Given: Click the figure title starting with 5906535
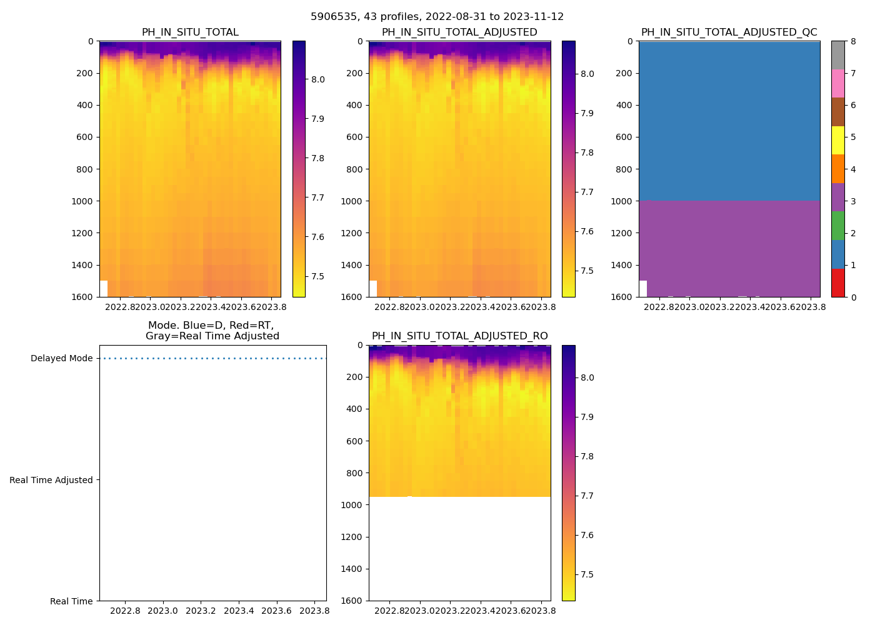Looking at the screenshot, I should (437, 17).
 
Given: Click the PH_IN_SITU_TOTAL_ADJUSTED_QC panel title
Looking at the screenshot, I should (729, 32).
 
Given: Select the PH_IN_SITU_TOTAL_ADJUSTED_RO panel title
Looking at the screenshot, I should (459, 336).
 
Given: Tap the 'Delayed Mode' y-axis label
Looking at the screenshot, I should (61, 359).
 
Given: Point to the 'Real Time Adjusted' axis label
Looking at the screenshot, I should (51, 480).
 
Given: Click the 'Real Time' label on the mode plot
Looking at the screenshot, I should (71, 601).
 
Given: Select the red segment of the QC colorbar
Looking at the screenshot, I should (837, 282).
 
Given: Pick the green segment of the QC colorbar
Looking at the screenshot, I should (837, 226).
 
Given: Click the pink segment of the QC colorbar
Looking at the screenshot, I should (837, 84).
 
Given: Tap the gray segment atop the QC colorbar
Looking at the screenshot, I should (837, 55).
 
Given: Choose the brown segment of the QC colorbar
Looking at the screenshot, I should (837, 112).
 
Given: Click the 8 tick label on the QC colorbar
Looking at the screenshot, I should (853, 42).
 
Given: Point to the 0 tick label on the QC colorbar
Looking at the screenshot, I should (853, 297).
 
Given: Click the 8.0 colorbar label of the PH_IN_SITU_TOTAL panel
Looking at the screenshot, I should (318, 79).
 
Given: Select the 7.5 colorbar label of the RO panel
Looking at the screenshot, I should (587, 575).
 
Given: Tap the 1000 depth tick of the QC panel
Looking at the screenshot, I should (624, 201).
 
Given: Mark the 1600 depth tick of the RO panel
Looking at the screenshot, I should (354, 601).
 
